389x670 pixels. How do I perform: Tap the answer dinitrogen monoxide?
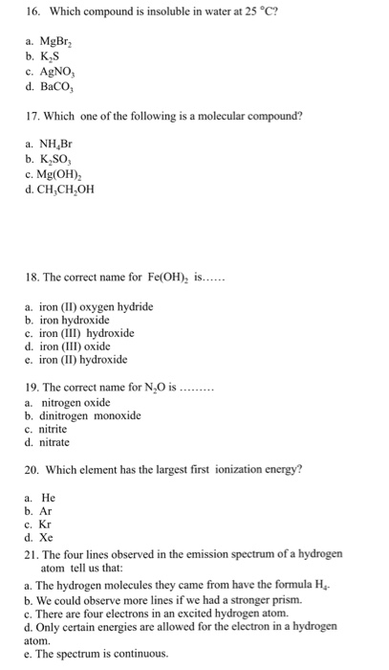pyautogui.click(x=91, y=415)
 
